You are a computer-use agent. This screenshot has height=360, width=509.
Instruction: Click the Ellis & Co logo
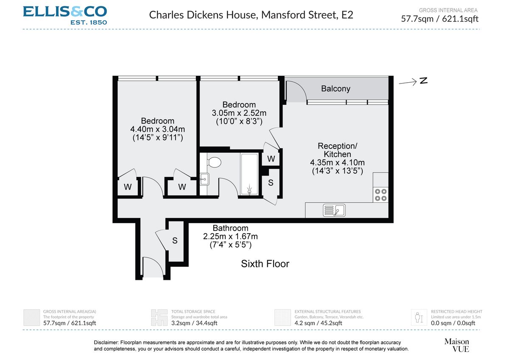click(x=65, y=15)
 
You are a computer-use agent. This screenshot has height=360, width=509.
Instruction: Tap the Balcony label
click(x=336, y=89)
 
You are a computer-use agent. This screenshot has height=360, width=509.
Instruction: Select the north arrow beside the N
click(x=408, y=83)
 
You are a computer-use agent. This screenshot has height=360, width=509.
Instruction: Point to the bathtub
click(x=249, y=174)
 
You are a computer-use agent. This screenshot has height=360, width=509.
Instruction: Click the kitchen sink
click(x=334, y=210)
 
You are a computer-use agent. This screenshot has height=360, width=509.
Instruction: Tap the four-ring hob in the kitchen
click(x=380, y=195)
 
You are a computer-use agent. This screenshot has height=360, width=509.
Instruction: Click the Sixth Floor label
click(x=265, y=264)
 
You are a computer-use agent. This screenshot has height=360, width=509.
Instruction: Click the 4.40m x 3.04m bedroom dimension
click(x=158, y=129)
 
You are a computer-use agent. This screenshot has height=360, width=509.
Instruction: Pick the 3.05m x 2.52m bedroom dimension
click(x=239, y=113)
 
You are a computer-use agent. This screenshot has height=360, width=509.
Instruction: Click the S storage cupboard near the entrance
click(x=174, y=240)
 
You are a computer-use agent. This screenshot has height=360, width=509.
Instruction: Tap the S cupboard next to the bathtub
click(x=271, y=183)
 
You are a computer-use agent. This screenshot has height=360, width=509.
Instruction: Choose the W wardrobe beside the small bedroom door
click(x=271, y=159)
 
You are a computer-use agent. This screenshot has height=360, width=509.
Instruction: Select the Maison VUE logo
click(x=456, y=345)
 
